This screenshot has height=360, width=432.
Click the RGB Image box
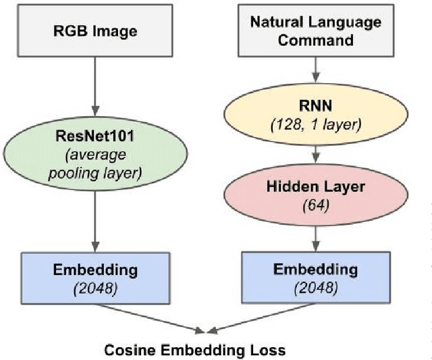pos(96,31)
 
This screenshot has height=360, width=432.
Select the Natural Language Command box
pos(315,31)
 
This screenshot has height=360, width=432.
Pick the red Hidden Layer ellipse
pos(315,192)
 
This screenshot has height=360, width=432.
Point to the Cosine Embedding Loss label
pos(194,350)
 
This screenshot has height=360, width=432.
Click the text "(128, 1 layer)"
pos(315,123)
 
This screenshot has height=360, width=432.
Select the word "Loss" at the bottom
pos(270,350)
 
